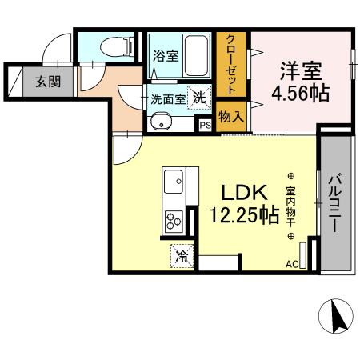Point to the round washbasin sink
pos(159,122)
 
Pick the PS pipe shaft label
pos(205,125)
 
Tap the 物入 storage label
pos(232,117)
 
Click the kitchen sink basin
pos(174,186)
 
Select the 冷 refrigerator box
pos(182,256)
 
